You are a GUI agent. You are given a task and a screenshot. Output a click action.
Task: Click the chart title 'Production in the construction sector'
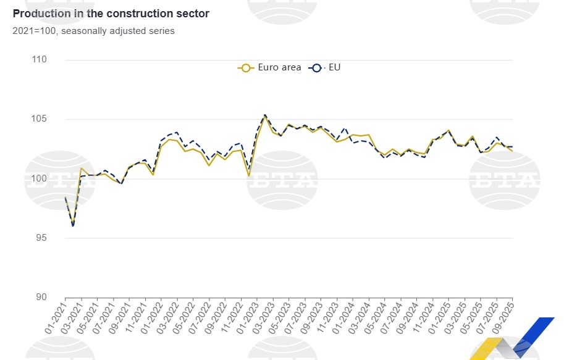click(111, 14)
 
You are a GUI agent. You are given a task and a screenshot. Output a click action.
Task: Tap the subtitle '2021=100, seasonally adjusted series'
click(93, 31)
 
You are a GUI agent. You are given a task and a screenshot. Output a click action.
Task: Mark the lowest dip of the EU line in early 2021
click(73, 226)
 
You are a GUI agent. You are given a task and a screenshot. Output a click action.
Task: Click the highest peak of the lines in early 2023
click(264, 115)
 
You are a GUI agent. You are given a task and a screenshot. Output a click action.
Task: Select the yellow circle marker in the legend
click(245, 68)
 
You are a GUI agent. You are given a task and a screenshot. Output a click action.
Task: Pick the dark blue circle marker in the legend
click(317, 68)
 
